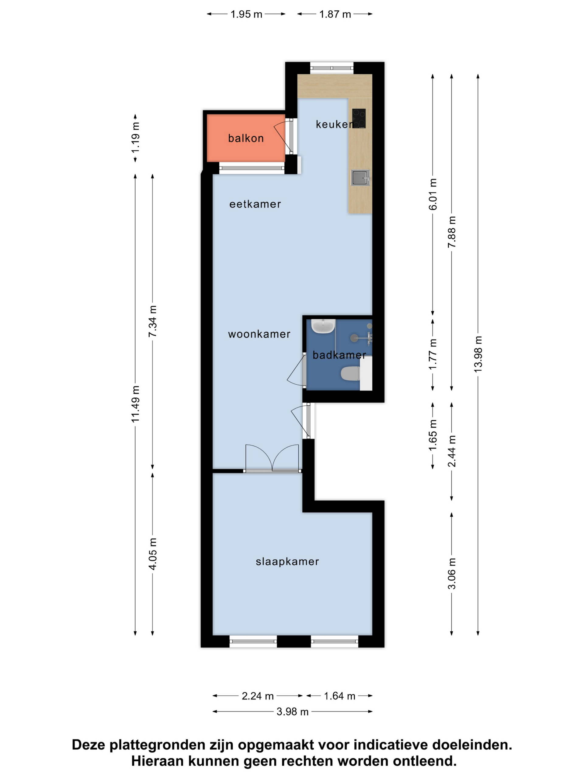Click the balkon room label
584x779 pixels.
(246, 138)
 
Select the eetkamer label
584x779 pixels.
(255, 204)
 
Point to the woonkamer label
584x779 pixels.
(259, 334)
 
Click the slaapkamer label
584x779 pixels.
(287, 561)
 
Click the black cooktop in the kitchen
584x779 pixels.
(359, 118)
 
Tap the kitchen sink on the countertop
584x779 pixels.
(360, 177)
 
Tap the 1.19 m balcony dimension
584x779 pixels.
(136, 138)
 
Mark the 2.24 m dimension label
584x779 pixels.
(258, 696)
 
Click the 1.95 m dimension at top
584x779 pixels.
(246, 14)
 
